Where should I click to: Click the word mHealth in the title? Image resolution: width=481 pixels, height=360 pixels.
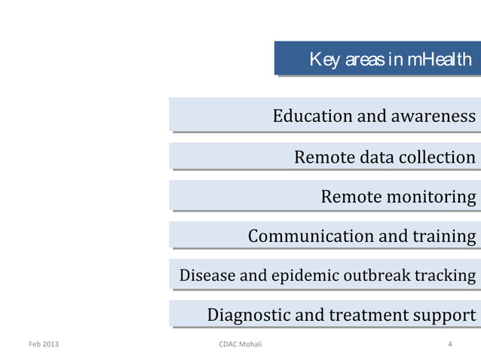coord(440,59)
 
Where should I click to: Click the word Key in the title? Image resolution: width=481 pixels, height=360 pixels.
coord(323,59)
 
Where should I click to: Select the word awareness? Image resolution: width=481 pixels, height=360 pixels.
coord(433,116)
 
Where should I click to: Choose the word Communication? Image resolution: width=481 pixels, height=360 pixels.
coord(311,236)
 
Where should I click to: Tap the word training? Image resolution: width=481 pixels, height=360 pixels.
coord(444,236)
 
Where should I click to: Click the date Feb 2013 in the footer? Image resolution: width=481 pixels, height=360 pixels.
coord(43,345)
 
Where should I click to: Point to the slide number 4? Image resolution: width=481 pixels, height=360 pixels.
coord(450,345)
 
